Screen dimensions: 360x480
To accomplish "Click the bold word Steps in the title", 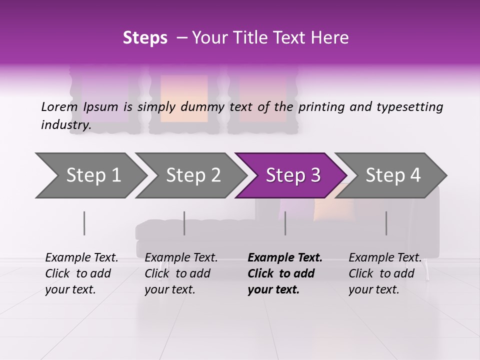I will pos(145,38).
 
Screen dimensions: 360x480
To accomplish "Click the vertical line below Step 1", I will pos(84,223).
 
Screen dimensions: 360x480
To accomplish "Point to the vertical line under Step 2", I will pos(184,223).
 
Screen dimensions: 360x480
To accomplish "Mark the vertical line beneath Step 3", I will pos(285,223).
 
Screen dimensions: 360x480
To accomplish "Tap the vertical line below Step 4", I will pos(386,223).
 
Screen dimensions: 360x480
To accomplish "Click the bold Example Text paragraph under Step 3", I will pos(284,273).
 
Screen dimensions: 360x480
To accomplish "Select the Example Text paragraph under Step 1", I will pos(81,273).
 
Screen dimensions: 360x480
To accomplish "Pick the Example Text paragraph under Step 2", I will pos(181,273).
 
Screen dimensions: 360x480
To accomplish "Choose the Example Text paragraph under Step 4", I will pos(385,273).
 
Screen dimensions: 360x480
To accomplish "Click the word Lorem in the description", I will pos(59,106).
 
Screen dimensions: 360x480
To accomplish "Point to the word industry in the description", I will pos(65,125).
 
